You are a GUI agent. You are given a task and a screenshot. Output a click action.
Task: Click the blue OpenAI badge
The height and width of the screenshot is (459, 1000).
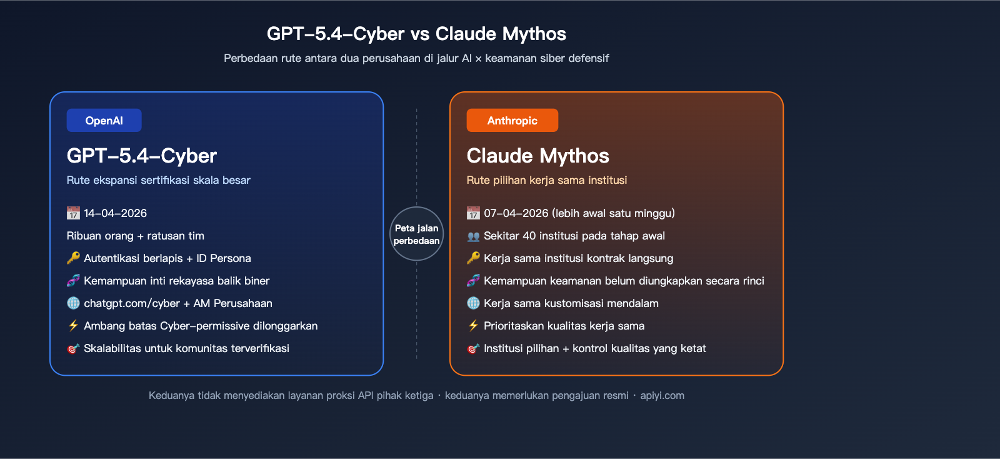point(104,121)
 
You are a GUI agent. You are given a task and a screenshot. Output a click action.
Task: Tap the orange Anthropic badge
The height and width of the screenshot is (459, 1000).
point(512,121)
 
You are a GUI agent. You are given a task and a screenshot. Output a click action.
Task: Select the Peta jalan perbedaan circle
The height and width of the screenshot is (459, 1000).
point(416,234)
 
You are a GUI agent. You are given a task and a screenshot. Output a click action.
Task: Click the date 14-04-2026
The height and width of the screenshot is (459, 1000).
point(116,213)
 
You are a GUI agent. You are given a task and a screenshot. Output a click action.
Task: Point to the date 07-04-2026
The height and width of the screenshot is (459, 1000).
point(516,213)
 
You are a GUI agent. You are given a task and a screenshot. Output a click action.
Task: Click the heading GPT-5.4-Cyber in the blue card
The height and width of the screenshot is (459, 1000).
point(142,156)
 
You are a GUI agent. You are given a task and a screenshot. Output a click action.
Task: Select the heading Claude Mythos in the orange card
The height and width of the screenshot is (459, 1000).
point(537,156)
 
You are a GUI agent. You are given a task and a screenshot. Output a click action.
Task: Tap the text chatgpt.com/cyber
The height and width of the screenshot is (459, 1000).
point(132,303)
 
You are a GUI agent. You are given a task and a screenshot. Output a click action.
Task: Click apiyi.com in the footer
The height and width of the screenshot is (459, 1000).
point(662,395)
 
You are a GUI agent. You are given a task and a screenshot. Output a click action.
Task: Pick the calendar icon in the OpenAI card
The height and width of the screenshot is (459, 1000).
point(73,213)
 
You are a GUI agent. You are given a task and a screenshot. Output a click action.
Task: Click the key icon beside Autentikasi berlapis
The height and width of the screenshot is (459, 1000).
point(73,258)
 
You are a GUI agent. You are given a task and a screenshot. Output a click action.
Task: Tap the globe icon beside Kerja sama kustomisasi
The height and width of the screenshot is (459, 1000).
point(473,303)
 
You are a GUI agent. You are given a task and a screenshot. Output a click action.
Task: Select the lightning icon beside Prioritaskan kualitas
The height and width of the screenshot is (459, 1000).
point(473,326)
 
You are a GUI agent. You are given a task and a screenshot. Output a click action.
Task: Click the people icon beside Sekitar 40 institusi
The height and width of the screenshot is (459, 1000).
point(473,236)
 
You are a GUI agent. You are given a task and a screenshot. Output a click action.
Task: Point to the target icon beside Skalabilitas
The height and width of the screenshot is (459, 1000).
point(73,348)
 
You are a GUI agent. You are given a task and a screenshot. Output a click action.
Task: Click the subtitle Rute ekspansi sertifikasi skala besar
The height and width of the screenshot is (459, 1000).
point(158,180)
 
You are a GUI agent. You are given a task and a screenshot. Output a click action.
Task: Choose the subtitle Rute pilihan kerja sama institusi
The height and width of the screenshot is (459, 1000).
point(546,180)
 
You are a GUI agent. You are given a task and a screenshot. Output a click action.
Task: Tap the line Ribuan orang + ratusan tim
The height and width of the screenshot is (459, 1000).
point(135,236)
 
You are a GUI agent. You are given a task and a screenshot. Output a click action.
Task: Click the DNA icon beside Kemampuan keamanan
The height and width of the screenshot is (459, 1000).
point(473,281)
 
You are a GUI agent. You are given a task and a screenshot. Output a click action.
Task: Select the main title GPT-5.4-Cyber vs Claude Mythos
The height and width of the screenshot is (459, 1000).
point(416,34)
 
